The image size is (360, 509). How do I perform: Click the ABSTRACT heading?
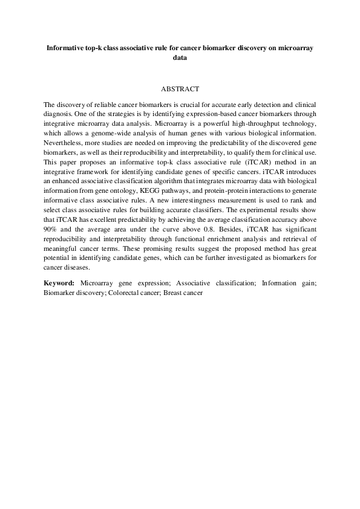(180, 88)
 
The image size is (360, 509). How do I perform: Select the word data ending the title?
(180, 58)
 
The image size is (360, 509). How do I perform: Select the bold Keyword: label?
(59, 282)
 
